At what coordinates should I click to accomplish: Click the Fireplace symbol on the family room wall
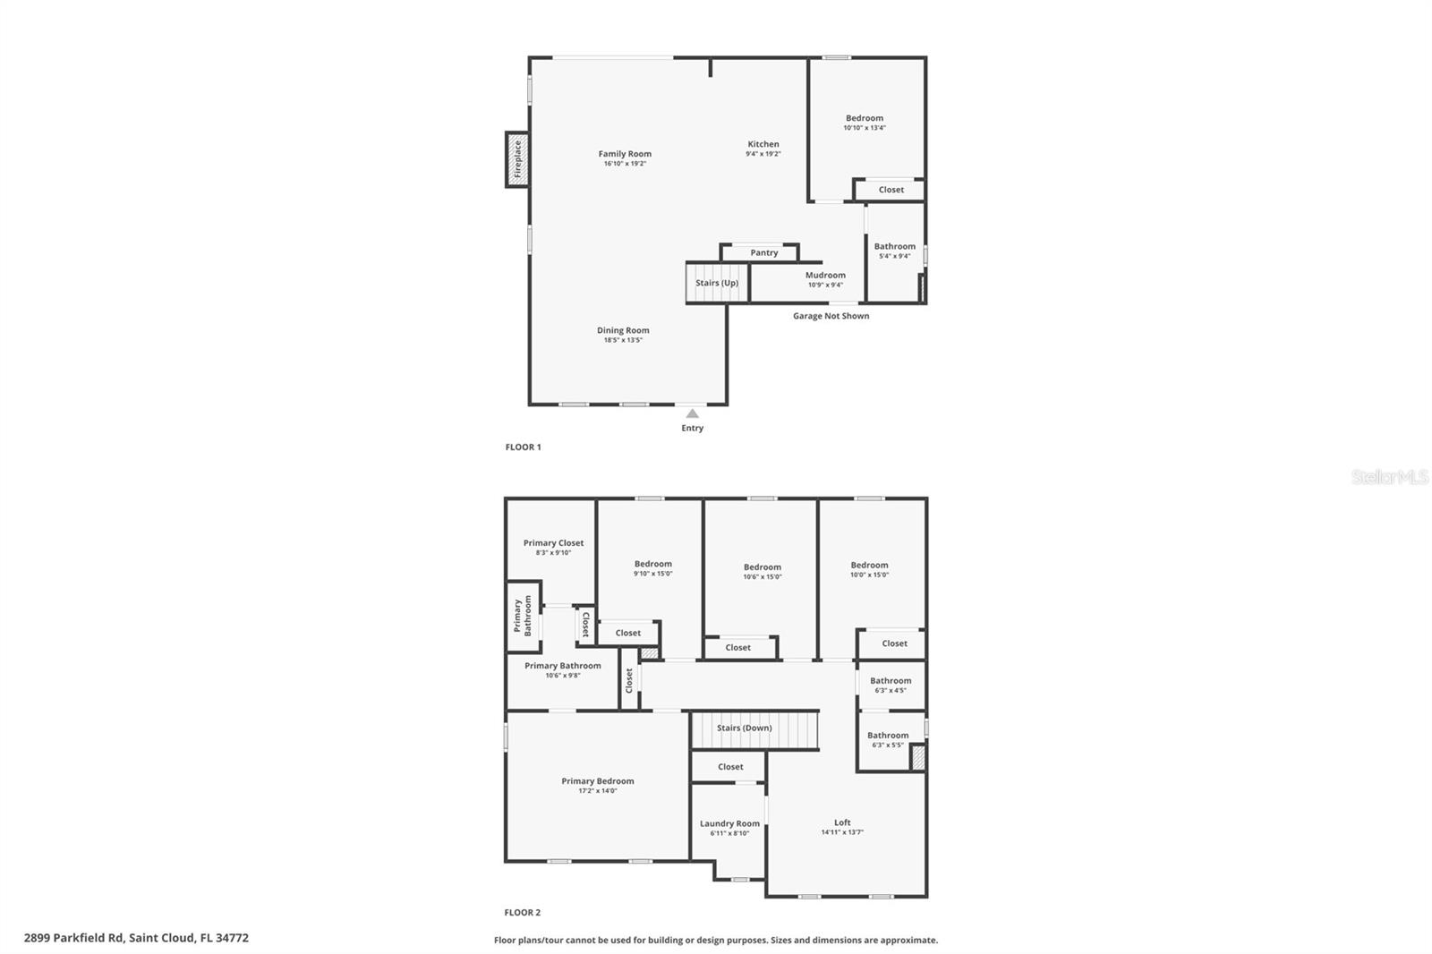[x=516, y=160]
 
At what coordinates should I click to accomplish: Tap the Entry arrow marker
[x=692, y=413]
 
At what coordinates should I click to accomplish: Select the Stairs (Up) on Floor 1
[x=717, y=283]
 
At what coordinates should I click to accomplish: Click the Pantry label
[x=763, y=252]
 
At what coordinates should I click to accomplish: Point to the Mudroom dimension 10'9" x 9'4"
[x=825, y=285]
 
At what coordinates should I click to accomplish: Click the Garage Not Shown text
[x=831, y=316]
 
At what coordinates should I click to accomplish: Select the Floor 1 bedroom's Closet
[x=891, y=190]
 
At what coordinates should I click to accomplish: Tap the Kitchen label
[x=763, y=144]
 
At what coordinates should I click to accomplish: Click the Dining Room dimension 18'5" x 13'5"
[x=623, y=340]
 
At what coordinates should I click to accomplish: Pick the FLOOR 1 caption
[x=524, y=447]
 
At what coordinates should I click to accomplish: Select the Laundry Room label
[x=729, y=823]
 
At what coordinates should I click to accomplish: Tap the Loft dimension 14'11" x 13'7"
[x=842, y=832]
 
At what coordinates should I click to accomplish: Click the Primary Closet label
[x=553, y=543]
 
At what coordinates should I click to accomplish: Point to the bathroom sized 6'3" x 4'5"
[x=891, y=686]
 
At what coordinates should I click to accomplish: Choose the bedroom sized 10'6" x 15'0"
[x=762, y=572]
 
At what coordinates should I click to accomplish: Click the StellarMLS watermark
[x=1390, y=477]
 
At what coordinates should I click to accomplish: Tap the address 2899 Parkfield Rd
[x=136, y=938]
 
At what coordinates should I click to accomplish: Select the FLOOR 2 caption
[x=523, y=913]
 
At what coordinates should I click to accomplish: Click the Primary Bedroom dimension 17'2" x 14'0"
[x=598, y=791]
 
